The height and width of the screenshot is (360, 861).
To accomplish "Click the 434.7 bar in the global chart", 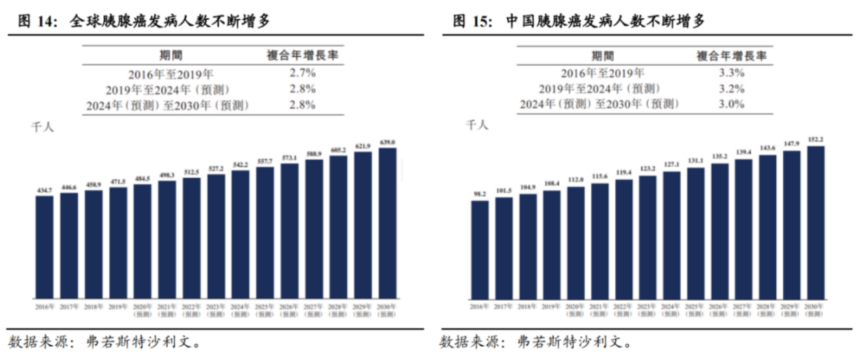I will pos(44,247).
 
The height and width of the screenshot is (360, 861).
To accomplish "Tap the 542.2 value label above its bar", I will pos(240,165).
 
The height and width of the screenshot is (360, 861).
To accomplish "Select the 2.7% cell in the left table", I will pos(303,73).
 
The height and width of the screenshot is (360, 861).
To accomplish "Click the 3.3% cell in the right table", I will pos(731,73).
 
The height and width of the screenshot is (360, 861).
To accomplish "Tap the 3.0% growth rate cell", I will pos(731,104).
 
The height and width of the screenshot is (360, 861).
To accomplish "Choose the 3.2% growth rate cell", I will pos(731,89).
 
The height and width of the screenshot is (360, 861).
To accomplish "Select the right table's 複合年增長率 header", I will pos(731,55).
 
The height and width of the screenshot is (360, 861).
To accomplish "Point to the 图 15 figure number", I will pos(470,21).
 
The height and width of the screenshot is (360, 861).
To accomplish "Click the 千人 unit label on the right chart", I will pos(477,124).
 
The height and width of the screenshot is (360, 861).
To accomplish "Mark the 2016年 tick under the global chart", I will pos(44,307).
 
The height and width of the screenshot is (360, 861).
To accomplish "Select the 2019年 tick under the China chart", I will pos(551,307).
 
